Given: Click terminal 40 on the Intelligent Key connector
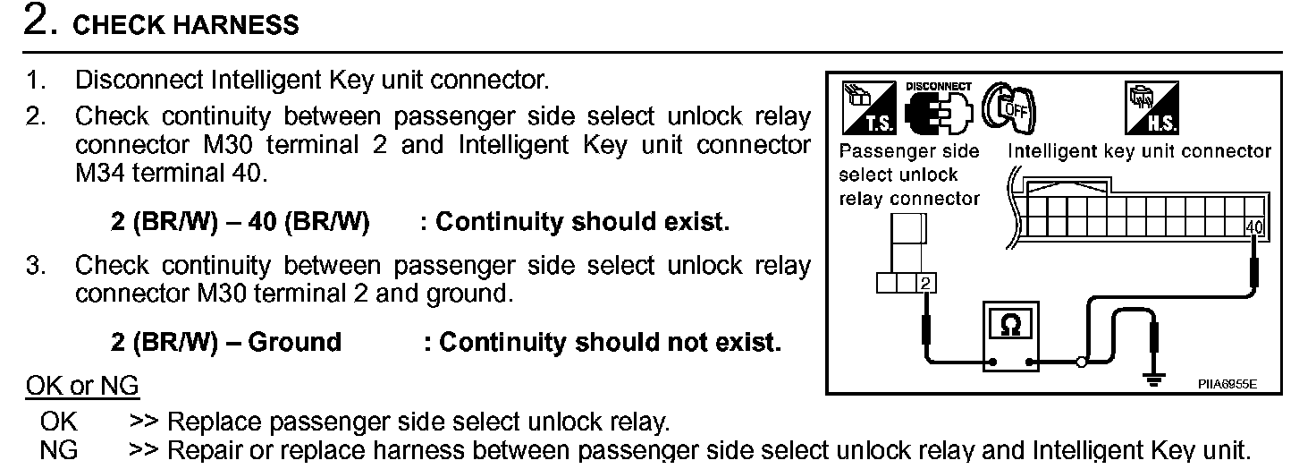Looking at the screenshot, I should [x=1253, y=227].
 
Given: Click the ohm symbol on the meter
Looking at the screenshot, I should [x=1010, y=326].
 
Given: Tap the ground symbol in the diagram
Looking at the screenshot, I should [x=1155, y=379].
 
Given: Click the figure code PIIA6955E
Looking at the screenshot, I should [x=1227, y=384].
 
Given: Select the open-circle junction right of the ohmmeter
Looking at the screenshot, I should [x=1081, y=363].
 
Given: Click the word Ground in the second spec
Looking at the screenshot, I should [x=294, y=343].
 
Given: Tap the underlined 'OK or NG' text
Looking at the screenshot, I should [x=82, y=387].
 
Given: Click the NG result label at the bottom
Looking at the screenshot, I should [x=59, y=450].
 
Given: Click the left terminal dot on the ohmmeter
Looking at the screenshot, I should [x=992, y=363].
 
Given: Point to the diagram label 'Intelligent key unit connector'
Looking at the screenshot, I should [x=1139, y=151].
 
